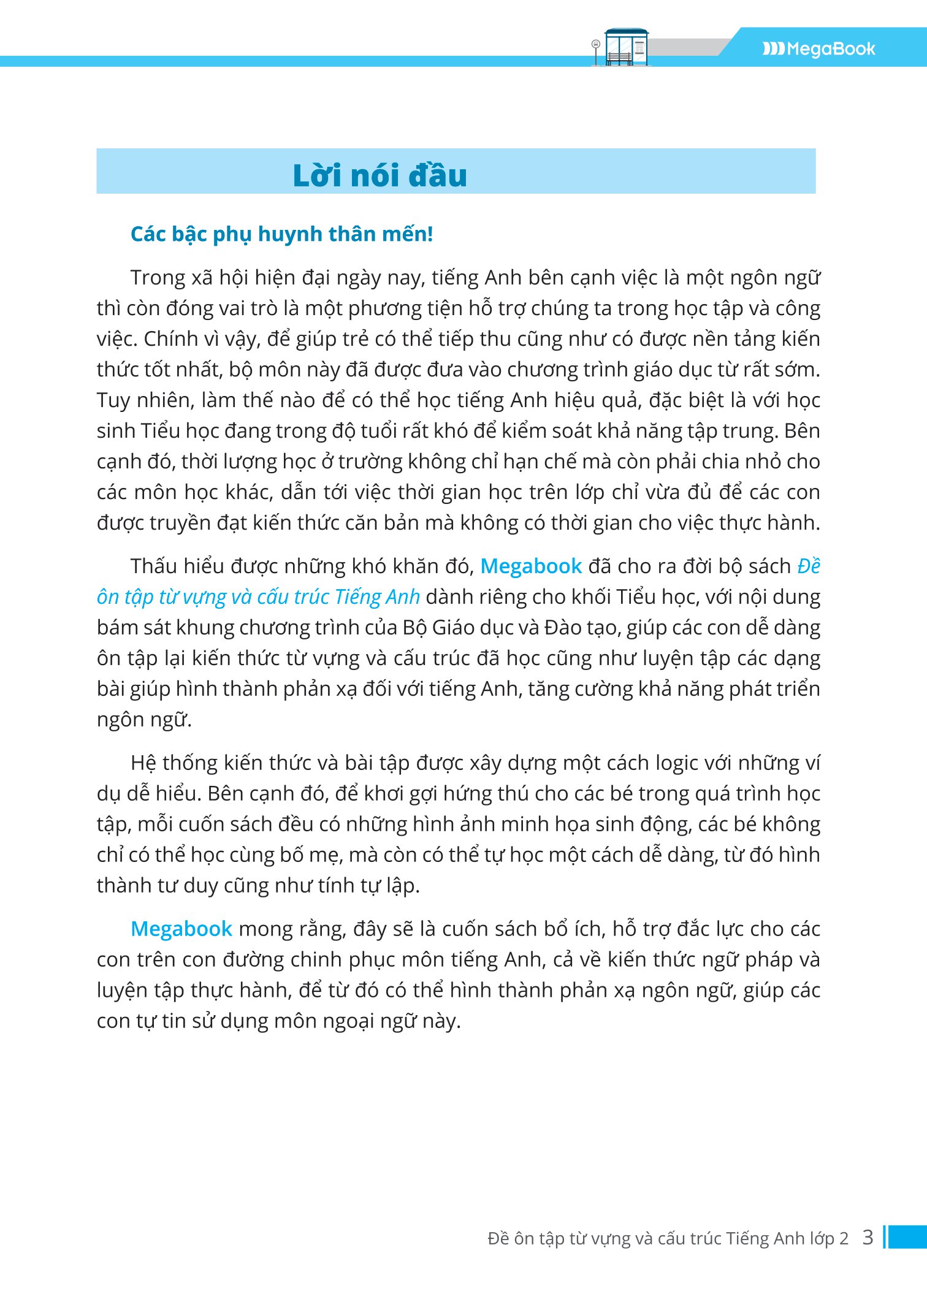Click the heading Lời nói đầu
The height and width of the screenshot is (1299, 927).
pyautogui.click(x=380, y=175)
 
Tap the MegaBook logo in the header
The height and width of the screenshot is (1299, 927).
pyautogui.click(x=818, y=49)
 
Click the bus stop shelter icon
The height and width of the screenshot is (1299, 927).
pyautogui.click(x=625, y=47)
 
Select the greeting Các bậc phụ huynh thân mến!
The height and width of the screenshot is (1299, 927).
pyautogui.click(x=281, y=234)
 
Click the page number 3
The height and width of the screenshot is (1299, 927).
pyautogui.click(x=867, y=1238)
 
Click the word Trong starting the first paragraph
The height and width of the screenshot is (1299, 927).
pyautogui.click(x=158, y=278)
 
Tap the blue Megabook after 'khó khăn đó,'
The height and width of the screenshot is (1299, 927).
pyautogui.click(x=531, y=566)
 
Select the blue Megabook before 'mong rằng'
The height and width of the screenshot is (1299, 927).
pyautogui.click(x=181, y=929)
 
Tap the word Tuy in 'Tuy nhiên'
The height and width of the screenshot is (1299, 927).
pyautogui.click(x=113, y=401)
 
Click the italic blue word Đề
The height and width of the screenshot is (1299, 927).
pyautogui.click(x=809, y=566)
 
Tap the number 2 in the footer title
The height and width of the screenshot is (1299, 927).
pyautogui.click(x=844, y=1239)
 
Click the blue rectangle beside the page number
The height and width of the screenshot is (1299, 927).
pyautogui.click(x=907, y=1237)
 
